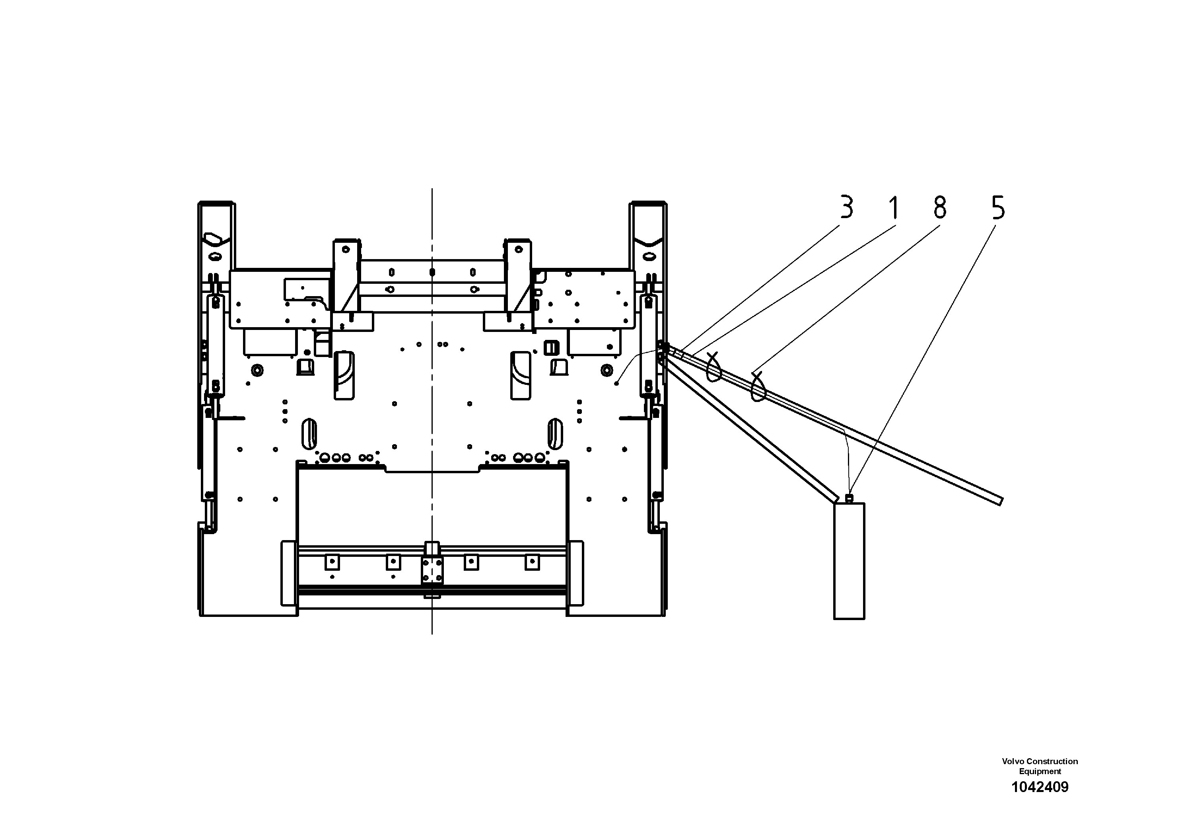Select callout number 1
coord(894,208)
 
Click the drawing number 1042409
coord(1040,802)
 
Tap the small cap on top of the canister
coord(850,498)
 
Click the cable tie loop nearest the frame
coord(714,367)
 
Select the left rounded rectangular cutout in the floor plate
coord(344,375)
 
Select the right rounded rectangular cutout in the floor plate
coord(520,375)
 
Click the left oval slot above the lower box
coord(309,433)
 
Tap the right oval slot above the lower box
coord(555,433)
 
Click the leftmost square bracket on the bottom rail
coord(332,562)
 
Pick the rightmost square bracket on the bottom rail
coord(532,562)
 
